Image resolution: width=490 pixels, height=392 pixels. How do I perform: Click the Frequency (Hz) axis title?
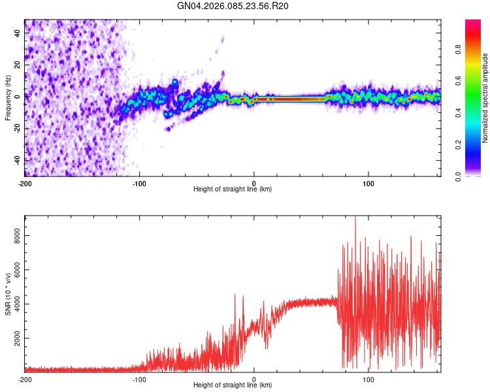(8, 99)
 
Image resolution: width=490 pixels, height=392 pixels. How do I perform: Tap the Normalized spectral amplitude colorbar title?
(485, 98)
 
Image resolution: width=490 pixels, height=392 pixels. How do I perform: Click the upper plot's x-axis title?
(233, 189)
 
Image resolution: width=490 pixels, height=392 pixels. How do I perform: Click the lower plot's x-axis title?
(233, 385)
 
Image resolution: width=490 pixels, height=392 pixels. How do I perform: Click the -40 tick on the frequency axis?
(16, 160)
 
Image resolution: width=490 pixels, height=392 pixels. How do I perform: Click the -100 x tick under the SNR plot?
(139, 379)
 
